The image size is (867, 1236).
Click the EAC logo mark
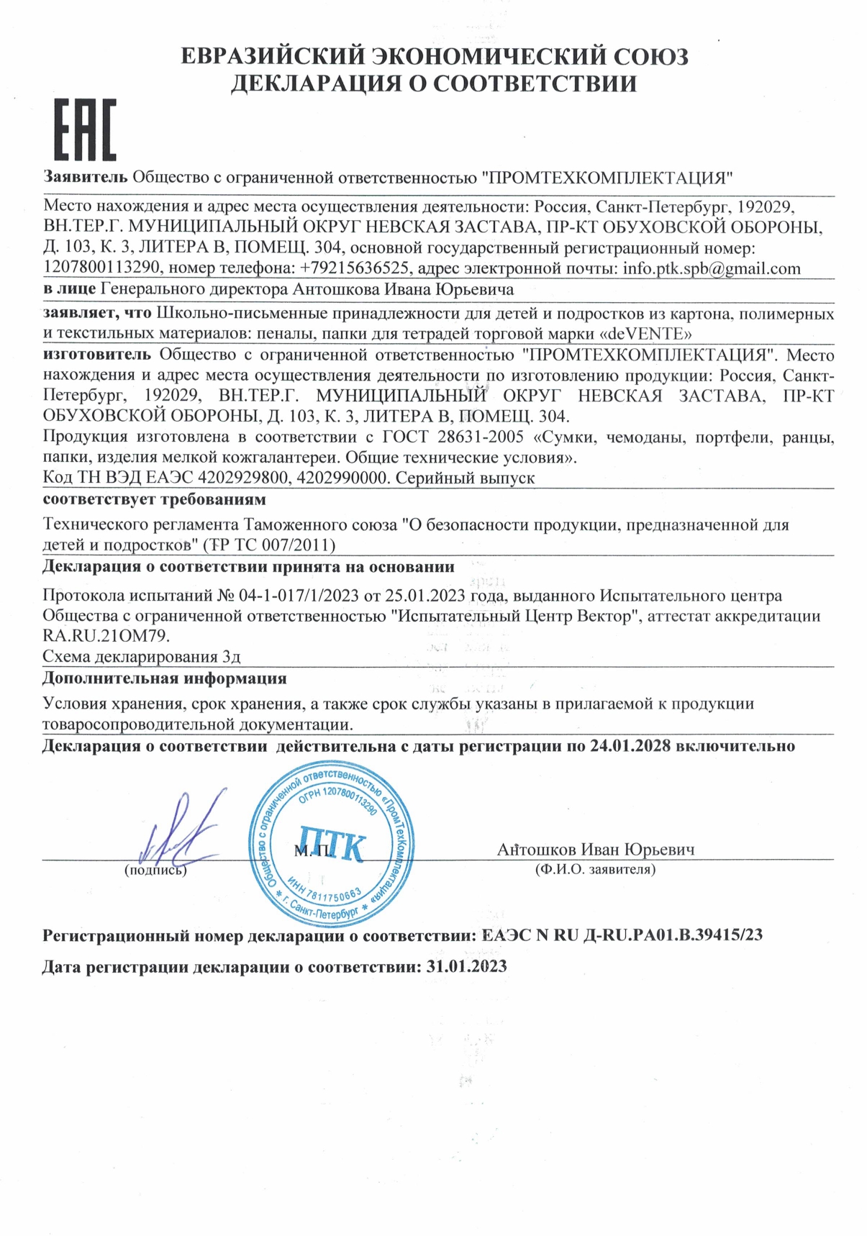click(85, 129)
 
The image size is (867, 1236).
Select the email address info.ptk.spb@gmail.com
click(712, 269)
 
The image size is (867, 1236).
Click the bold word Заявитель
click(86, 177)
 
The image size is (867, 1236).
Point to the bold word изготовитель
click(97, 354)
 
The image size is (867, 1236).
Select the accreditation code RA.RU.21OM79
click(106, 636)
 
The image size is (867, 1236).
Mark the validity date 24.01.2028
click(630, 746)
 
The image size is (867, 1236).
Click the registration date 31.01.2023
click(466, 966)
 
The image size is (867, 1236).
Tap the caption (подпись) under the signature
click(155, 871)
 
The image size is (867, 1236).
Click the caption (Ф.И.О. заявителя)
click(595, 870)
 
